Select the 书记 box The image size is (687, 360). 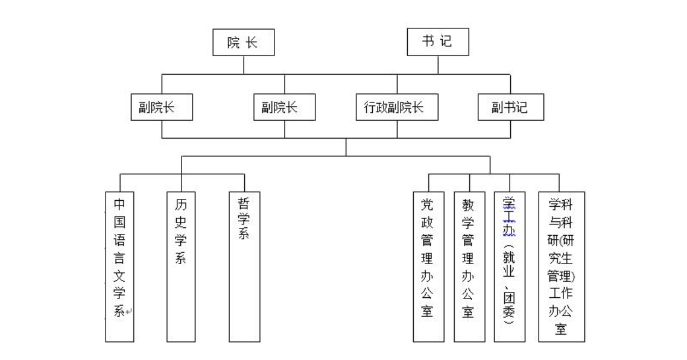pyautogui.click(x=438, y=43)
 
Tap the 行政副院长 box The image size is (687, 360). pyautogui.click(x=397, y=107)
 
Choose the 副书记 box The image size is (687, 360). pyautogui.click(x=510, y=107)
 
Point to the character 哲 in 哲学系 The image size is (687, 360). pyautogui.click(x=244, y=203)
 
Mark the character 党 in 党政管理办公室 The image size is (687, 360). pyautogui.click(x=427, y=206)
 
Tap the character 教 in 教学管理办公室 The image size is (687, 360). pyautogui.click(x=469, y=206)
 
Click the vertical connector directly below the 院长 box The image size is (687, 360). pyautogui.click(x=243, y=65)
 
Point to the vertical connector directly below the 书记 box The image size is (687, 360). pyautogui.click(x=438, y=65)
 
